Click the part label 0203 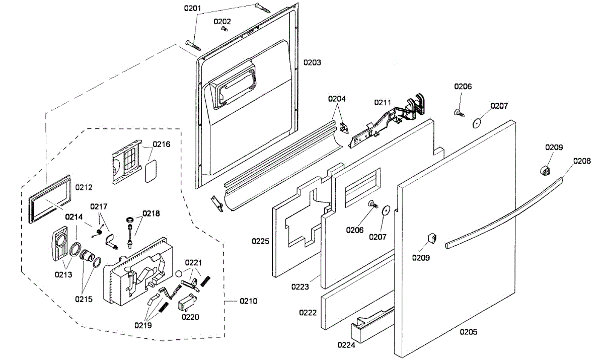click(312, 63)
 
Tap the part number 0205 click(468, 332)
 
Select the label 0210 click(248, 301)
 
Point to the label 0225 click(261, 241)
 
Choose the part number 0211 click(382, 103)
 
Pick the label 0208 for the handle click(581, 161)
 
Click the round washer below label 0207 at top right click(477, 122)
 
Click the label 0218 click(151, 213)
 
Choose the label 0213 click(63, 274)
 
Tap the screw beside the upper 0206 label click(459, 112)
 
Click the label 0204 click(337, 99)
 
